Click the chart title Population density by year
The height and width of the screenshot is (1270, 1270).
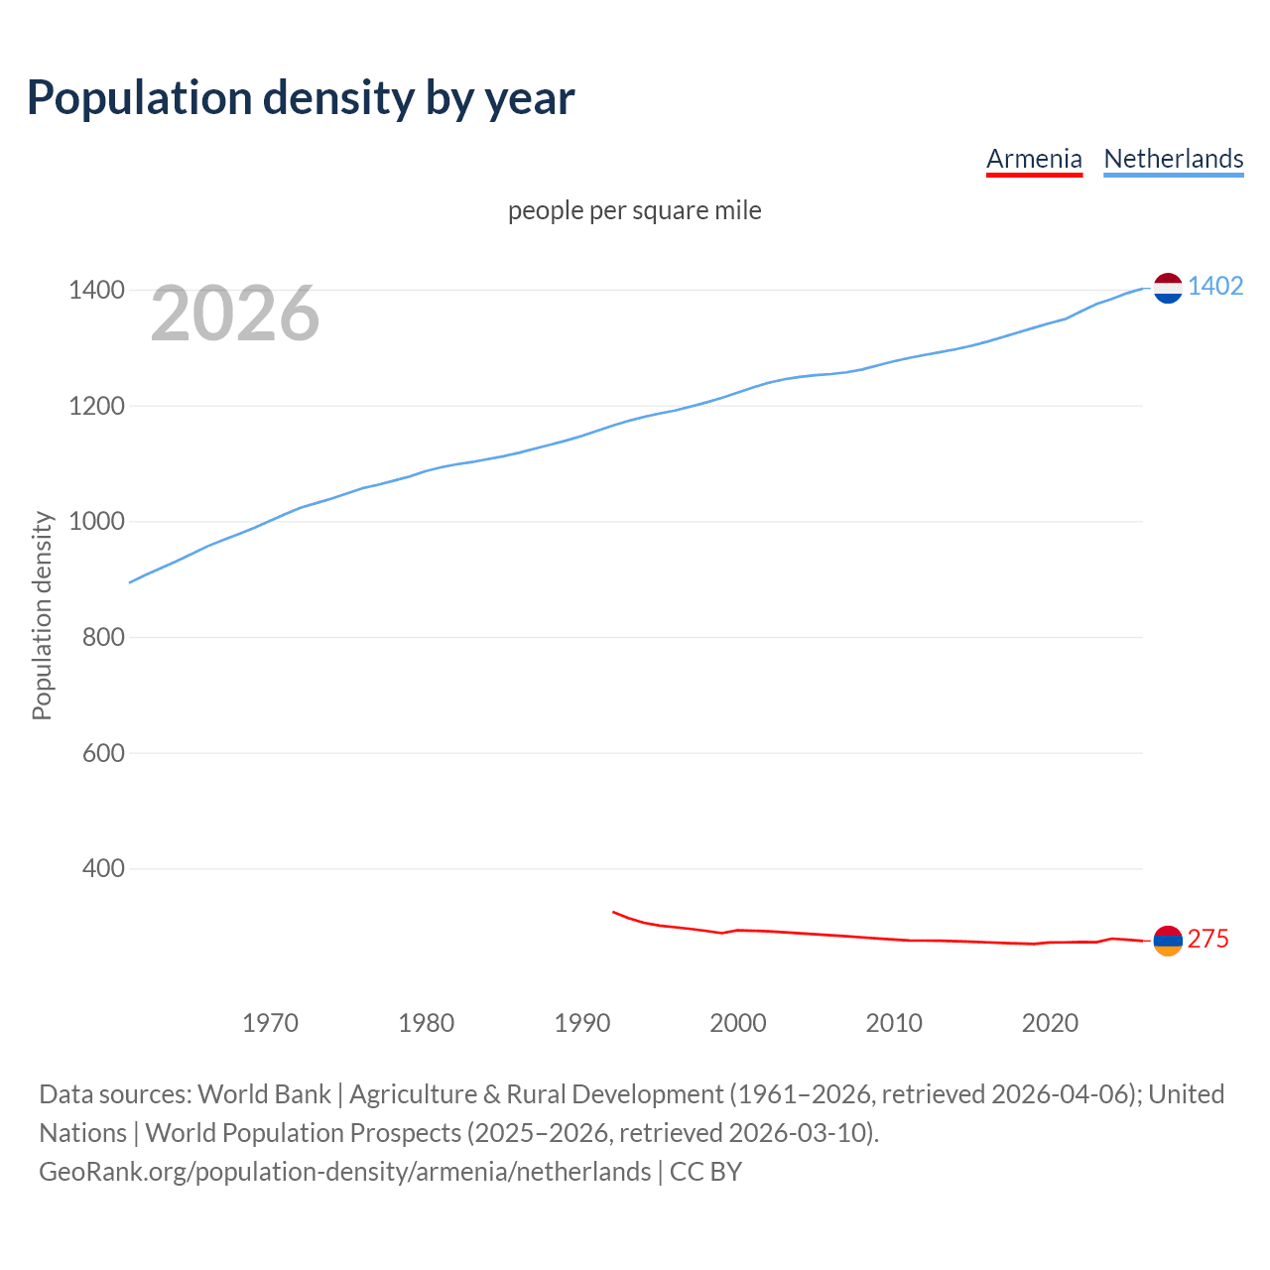[300, 98]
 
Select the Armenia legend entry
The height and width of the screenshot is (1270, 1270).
[1034, 159]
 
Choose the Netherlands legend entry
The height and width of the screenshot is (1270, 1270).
[1173, 159]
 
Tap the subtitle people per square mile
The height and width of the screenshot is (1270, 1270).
[635, 210]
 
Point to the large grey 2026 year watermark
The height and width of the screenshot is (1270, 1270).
[235, 314]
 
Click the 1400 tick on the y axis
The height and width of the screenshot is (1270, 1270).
[96, 291]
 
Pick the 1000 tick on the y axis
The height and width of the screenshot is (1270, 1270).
[96, 522]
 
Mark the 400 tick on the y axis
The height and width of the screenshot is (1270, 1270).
[103, 869]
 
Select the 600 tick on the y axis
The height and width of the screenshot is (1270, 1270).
[103, 753]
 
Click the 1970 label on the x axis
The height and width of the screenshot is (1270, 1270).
[270, 1023]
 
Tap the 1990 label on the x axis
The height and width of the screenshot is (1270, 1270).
[582, 1023]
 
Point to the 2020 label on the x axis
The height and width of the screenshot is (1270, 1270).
[1050, 1023]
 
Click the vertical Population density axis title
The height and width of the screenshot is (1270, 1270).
[42, 615]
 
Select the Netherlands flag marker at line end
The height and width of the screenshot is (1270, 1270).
[1168, 288]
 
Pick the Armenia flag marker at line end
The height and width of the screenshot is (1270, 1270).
[1168, 941]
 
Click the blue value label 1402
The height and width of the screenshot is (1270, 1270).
[1215, 286]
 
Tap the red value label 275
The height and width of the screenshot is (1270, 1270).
[1207, 939]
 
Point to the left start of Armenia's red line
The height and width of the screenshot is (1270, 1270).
[614, 912]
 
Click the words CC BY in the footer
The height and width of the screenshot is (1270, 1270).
[705, 1172]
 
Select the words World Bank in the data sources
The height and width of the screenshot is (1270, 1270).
[264, 1094]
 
